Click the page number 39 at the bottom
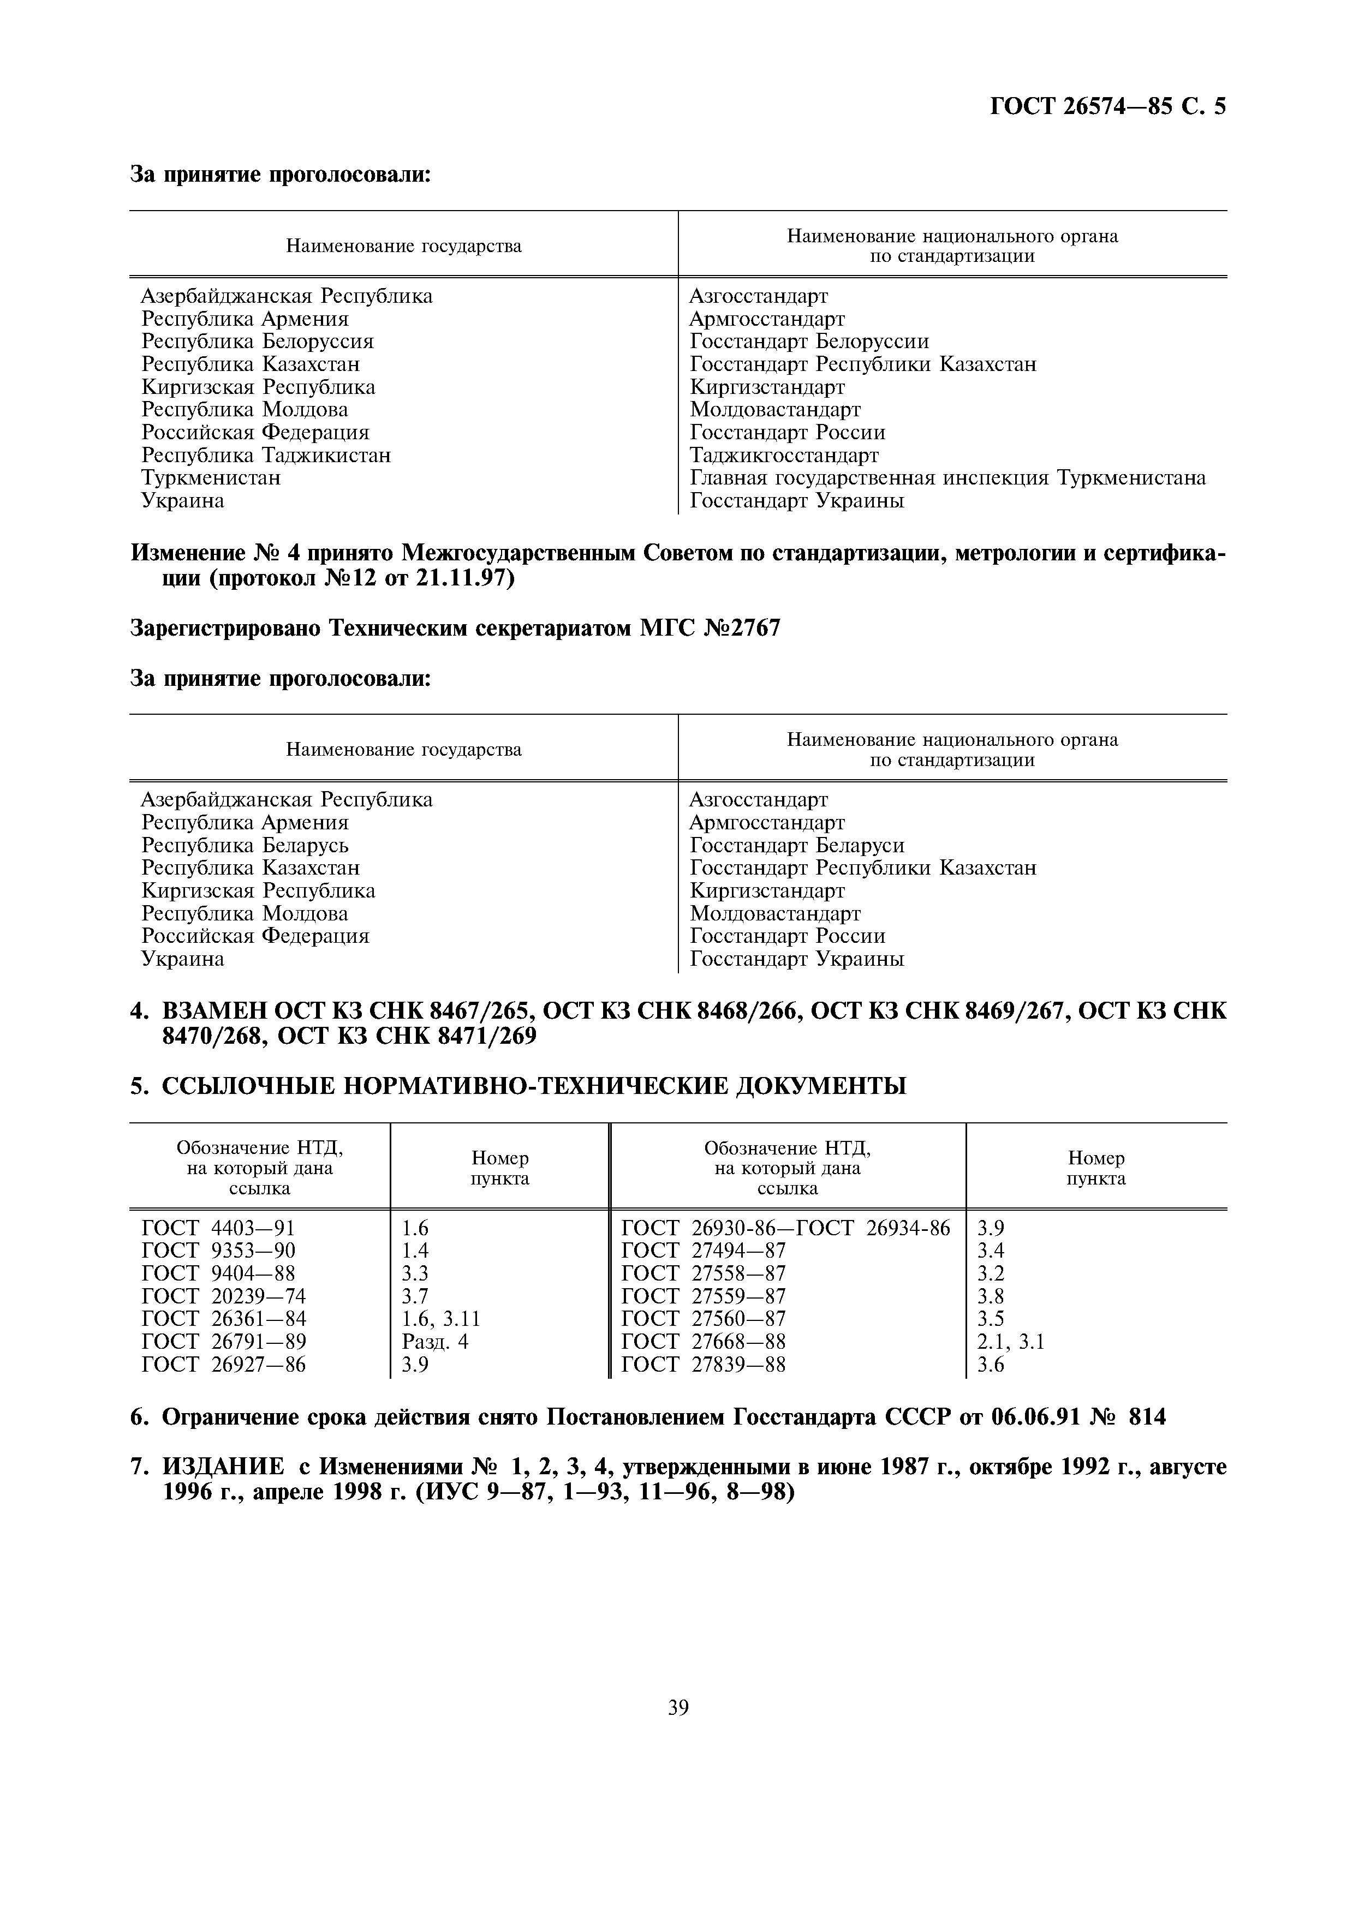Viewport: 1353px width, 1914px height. point(678,1708)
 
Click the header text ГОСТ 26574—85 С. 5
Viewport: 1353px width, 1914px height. point(1107,107)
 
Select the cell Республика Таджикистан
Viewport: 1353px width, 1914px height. point(266,455)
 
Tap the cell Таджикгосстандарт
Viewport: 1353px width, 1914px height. point(784,455)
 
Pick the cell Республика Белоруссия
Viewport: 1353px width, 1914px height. point(258,342)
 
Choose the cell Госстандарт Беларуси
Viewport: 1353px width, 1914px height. point(797,845)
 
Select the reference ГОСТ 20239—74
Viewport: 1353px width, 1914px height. point(223,1296)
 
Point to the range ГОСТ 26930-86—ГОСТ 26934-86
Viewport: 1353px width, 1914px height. point(785,1228)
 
